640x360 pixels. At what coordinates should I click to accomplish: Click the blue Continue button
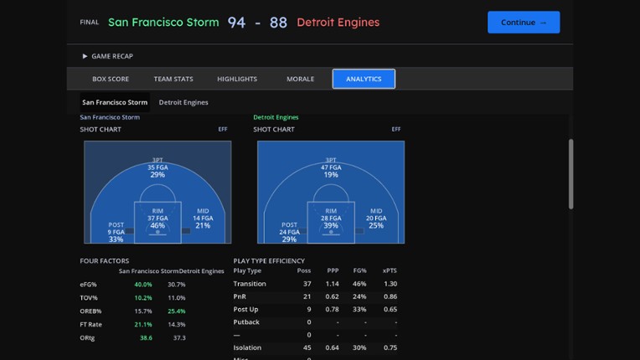[524, 23]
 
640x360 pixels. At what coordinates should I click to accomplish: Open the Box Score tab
[111, 79]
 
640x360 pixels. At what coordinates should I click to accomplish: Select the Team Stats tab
[173, 79]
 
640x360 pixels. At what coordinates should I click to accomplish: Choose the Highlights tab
[237, 79]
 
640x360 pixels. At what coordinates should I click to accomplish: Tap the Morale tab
[300, 79]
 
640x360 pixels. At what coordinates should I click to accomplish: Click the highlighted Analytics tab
[364, 79]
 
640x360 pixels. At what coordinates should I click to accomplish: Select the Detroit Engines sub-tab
[183, 102]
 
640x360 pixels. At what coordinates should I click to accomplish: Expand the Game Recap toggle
[108, 56]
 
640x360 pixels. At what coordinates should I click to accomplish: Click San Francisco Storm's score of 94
[237, 23]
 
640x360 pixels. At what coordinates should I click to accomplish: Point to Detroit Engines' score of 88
[278, 23]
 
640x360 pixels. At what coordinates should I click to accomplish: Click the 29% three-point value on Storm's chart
[157, 175]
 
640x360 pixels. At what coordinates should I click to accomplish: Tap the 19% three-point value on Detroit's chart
[331, 175]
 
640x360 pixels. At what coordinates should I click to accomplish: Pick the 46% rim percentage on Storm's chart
[157, 225]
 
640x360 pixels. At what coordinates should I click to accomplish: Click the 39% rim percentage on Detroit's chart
[331, 225]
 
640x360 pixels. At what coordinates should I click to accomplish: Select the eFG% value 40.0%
[143, 285]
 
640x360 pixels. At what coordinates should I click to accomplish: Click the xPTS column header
[390, 271]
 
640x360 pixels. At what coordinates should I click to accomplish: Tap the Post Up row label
[246, 309]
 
